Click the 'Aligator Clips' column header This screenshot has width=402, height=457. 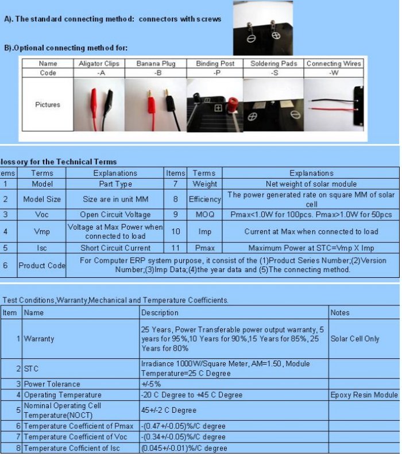pyautogui.click(x=99, y=64)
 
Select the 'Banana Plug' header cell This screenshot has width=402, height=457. pyautogui.click(x=156, y=64)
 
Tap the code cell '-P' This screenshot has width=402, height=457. pyautogui.click(x=215, y=73)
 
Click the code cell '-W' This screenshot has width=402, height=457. pyautogui.click(x=334, y=73)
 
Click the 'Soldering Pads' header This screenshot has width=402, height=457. pyautogui.click(x=273, y=64)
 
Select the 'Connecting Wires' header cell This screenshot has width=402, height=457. pyautogui.click(x=334, y=64)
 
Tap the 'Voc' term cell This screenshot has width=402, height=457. pyautogui.click(x=42, y=214)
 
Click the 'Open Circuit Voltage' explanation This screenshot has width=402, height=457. pyautogui.click(x=115, y=214)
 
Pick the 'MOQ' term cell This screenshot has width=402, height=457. pyautogui.click(x=204, y=214)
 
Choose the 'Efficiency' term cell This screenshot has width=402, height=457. pyautogui.click(x=204, y=199)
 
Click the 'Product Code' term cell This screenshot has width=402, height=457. pyautogui.click(x=42, y=266)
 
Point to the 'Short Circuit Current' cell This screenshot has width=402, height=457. pyautogui.click(x=115, y=248)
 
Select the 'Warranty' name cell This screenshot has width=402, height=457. pyautogui.click(x=39, y=339)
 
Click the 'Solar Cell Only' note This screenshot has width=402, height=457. pyautogui.click(x=355, y=339)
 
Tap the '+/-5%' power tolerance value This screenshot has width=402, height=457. pyautogui.click(x=152, y=384)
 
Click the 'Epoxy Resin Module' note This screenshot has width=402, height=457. pyautogui.click(x=364, y=395)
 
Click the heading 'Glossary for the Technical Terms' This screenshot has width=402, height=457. pyautogui.click(x=57, y=162)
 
